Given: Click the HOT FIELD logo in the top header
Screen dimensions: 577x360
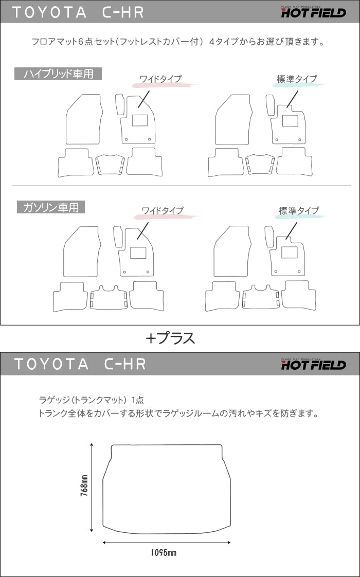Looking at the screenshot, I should click(313, 11).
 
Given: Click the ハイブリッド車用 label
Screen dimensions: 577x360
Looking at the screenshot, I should click(58, 74).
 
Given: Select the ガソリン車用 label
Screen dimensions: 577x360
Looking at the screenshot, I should click(50, 207).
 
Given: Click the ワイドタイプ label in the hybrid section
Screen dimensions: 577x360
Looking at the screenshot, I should click(160, 79).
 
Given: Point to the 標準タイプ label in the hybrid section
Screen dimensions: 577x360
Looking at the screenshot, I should click(297, 79).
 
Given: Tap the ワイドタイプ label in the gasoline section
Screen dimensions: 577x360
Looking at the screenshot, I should click(162, 210).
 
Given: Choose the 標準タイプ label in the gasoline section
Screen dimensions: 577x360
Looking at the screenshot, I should click(299, 210).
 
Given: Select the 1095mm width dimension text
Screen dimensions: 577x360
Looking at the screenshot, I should click(164, 553).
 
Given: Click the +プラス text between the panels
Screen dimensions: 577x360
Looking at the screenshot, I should click(170, 338).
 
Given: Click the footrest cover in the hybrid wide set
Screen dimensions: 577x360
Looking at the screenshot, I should click(119, 104).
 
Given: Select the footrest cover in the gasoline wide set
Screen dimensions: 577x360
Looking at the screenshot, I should click(117, 236).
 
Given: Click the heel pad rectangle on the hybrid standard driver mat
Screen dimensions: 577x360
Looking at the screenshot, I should click(289, 121).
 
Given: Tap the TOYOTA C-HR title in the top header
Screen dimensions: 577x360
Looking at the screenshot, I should click(78, 12).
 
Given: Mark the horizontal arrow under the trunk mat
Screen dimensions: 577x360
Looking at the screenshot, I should click(167, 542).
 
